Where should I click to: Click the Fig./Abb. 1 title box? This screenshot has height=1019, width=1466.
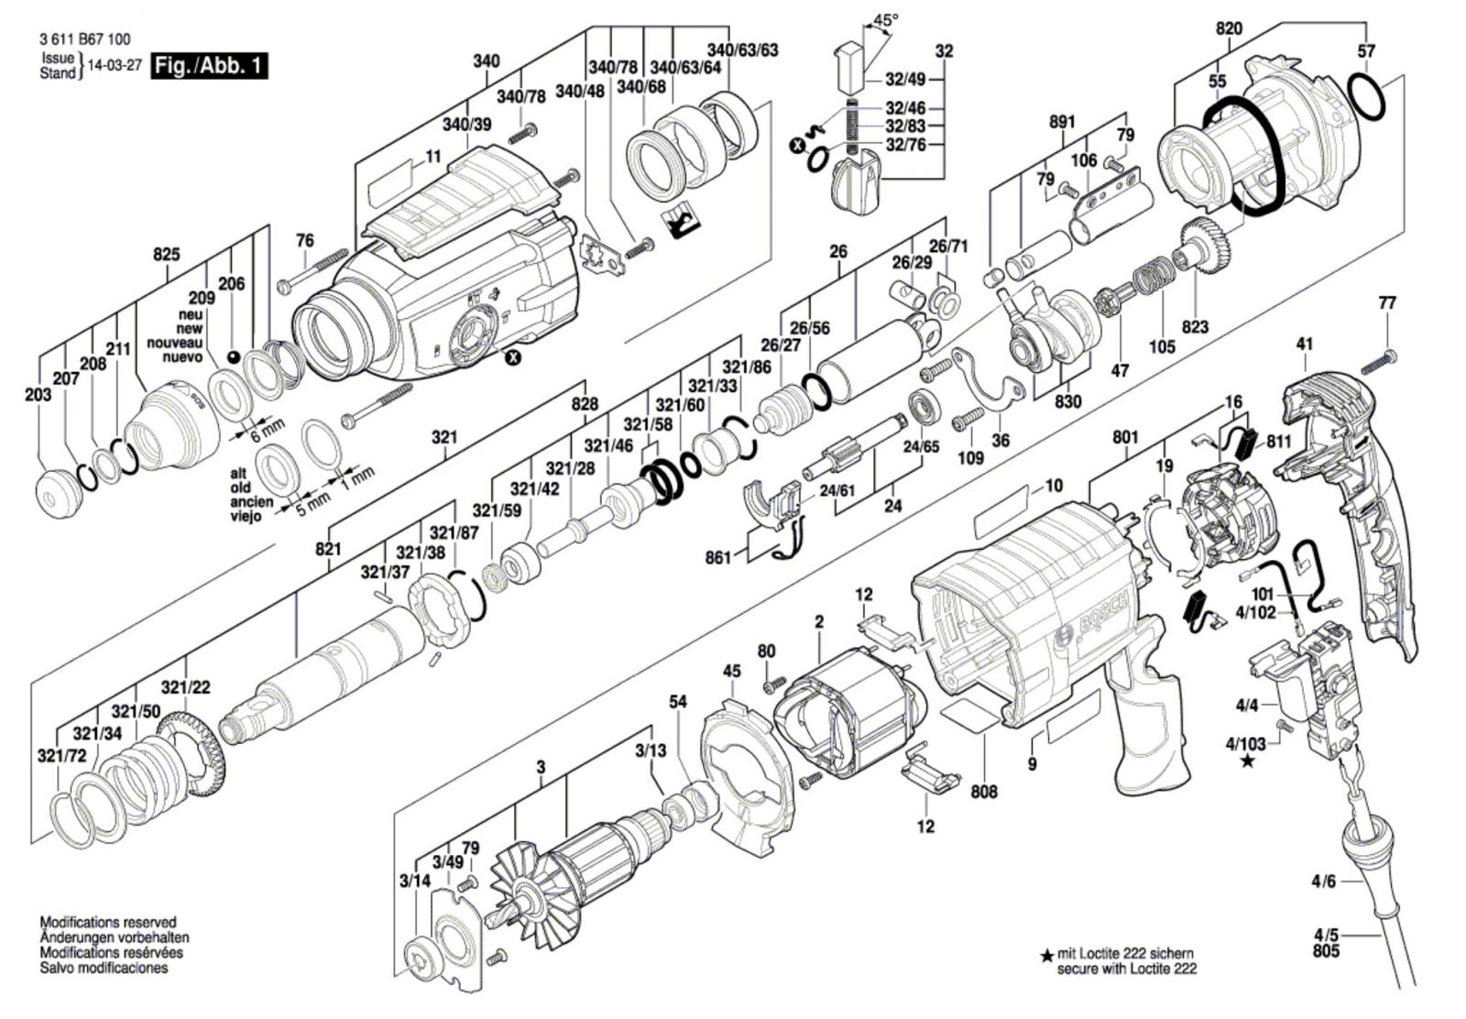coord(210,66)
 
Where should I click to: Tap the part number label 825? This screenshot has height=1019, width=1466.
coord(167,255)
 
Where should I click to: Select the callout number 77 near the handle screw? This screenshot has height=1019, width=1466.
coord(1387,303)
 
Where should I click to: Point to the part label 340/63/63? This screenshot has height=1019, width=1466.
coord(742,49)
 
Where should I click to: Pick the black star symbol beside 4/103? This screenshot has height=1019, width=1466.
coord(1247,762)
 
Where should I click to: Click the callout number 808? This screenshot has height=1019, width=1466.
coord(984,791)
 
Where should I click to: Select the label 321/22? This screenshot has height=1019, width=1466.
coord(186,687)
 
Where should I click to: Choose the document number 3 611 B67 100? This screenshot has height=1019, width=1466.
coord(85,39)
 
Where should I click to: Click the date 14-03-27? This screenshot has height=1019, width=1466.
coord(114,66)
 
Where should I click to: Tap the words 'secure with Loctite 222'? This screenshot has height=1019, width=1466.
coord(1126,968)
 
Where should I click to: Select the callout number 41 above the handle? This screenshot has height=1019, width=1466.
coord(1304,345)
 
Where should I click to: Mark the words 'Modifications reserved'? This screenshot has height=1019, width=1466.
coord(108,922)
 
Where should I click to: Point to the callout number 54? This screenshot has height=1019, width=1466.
coord(677,702)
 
